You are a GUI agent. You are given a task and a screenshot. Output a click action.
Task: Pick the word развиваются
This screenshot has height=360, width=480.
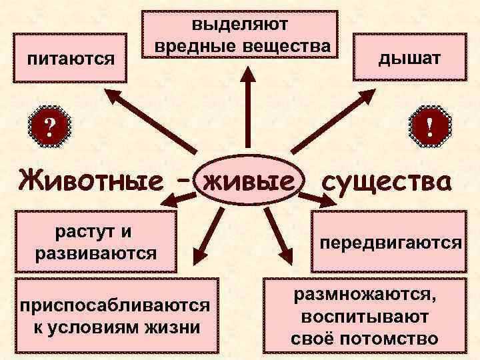94,253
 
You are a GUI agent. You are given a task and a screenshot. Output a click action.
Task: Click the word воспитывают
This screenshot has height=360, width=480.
365,316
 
